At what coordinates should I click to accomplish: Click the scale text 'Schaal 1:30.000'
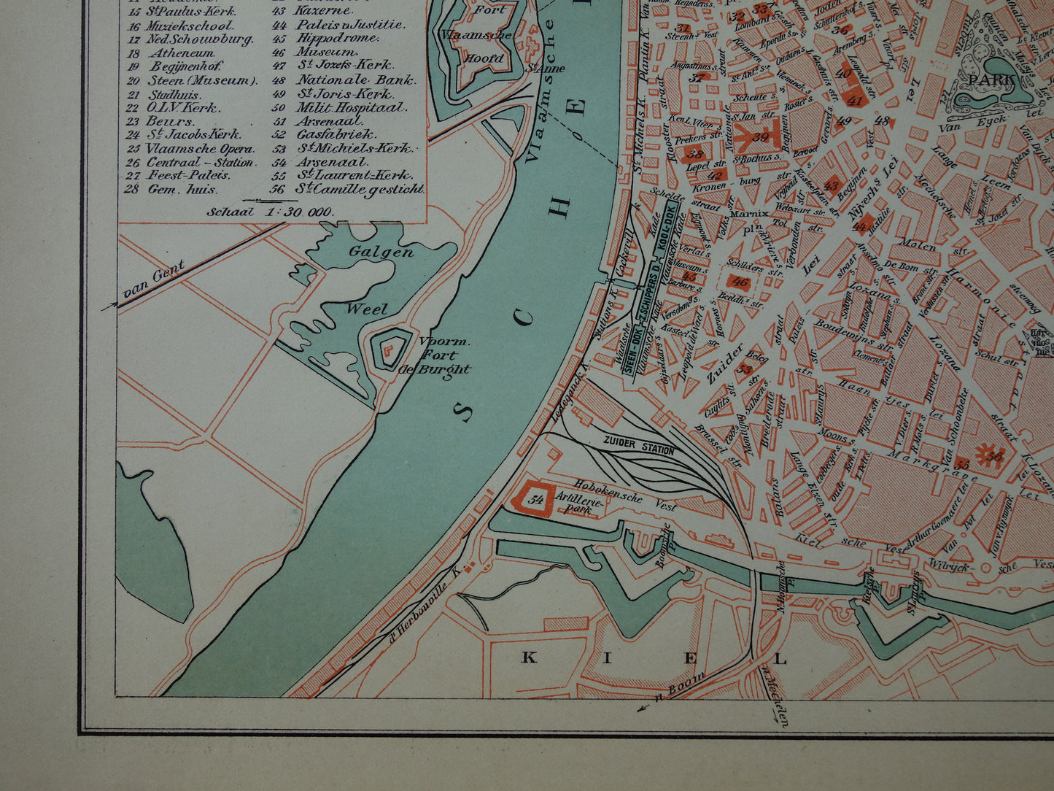(271, 212)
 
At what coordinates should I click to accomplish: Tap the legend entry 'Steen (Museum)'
(202, 80)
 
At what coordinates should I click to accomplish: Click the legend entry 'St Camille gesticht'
(359, 189)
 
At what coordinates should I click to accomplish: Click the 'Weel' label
(367, 309)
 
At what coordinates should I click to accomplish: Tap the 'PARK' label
(998, 79)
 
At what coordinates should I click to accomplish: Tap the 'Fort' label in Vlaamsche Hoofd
(489, 10)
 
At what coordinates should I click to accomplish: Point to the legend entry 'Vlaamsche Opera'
(199, 148)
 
